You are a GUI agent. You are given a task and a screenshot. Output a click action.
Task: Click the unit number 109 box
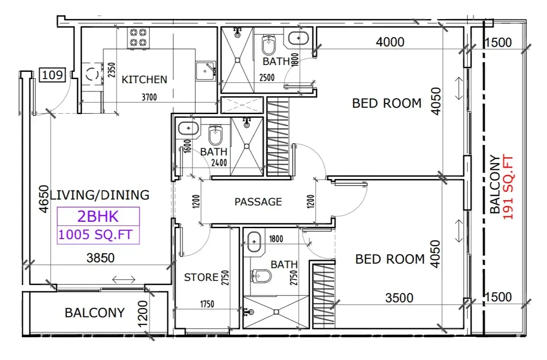53,75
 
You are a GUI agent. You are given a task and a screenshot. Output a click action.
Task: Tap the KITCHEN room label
144,80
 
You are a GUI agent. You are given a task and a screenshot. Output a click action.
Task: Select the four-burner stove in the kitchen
138,38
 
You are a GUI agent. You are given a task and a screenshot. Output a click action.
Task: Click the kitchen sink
206,71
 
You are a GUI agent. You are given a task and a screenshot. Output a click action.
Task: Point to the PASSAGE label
258,202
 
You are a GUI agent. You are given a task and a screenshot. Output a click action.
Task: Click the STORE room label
201,277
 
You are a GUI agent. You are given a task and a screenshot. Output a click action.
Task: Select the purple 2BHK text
98,216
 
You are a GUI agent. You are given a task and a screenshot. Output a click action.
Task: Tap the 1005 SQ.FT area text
95,235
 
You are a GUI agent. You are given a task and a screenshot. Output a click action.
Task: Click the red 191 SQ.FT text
508,188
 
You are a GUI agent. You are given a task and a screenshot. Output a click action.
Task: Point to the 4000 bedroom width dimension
390,42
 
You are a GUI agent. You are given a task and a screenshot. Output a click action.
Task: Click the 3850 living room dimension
100,258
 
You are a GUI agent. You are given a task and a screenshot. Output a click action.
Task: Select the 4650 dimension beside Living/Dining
44,199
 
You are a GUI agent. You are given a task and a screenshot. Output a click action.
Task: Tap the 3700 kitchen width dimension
149,97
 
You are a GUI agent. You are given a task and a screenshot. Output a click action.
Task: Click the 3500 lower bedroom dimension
399,298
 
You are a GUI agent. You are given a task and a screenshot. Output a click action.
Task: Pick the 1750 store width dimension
207,304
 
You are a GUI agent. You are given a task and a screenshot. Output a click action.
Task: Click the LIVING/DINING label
99,195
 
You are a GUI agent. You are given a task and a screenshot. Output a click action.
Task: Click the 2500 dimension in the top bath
267,78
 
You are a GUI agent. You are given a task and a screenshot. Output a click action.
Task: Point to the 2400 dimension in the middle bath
219,163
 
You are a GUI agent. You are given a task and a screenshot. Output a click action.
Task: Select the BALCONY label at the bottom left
95,313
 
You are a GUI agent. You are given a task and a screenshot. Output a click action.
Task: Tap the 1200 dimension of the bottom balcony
143,314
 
